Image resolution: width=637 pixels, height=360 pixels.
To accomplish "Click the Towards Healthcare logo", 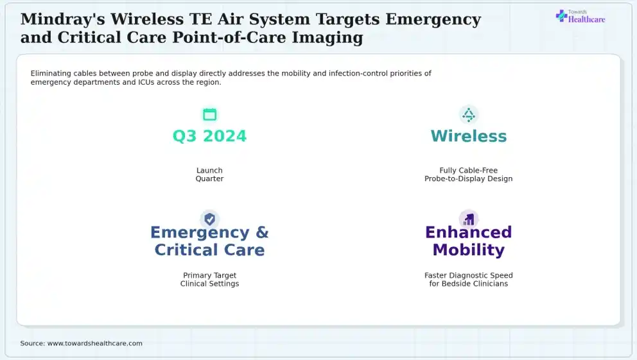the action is [580, 16].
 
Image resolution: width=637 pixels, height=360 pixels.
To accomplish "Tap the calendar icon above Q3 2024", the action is [209, 114].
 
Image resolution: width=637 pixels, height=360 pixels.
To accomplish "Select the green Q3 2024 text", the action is [209, 136].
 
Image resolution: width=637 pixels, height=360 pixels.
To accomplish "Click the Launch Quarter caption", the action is [209, 175].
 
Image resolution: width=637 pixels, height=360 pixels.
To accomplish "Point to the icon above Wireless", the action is [469, 115].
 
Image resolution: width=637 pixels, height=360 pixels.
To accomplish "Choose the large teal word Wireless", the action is [469, 136].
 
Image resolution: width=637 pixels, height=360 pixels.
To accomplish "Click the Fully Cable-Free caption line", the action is [468, 171].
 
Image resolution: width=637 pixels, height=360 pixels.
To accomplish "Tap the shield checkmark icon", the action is [209, 219].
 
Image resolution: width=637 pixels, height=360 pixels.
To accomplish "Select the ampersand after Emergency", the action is [262, 232].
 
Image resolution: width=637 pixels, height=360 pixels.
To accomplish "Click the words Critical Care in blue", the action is [209, 250].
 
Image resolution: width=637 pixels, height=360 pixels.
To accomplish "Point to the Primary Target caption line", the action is [209, 275].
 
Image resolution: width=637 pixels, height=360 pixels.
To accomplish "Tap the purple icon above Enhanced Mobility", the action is [469, 219].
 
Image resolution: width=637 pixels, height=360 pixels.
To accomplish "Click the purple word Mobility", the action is [469, 250].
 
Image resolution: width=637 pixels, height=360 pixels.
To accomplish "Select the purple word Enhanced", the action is [469, 232].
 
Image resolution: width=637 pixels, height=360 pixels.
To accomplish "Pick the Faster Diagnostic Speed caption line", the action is [469, 275].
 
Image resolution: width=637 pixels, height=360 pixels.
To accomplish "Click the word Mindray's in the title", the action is [62, 19].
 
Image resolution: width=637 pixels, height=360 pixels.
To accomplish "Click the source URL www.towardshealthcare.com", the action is [95, 343].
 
